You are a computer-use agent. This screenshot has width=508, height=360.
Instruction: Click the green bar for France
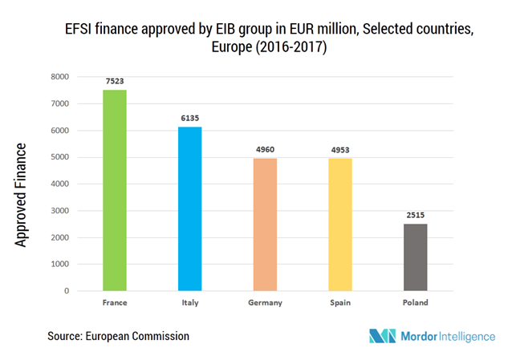click(x=115, y=190)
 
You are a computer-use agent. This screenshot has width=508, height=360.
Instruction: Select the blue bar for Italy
click(x=190, y=208)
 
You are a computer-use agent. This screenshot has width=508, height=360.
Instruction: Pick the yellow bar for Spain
click(x=340, y=224)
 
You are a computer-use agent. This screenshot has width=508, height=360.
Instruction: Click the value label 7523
click(x=115, y=81)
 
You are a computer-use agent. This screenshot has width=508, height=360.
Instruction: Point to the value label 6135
click(x=190, y=118)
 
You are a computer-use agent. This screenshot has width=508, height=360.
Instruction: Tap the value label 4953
click(x=340, y=149)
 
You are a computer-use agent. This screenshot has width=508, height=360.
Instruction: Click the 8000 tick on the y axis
click(x=59, y=77)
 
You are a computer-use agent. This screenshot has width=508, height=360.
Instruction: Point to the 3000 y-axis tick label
click(x=59, y=211)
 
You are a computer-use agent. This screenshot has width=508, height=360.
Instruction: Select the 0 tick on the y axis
click(x=67, y=291)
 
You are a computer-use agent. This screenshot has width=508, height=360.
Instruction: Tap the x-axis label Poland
click(x=416, y=303)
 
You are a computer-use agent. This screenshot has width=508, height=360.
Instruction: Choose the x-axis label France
click(x=115, y=303)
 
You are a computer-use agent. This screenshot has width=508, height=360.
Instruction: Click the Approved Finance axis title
click(x=22, y=195)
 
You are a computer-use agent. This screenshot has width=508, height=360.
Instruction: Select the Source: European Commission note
click(x=118, y=336)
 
